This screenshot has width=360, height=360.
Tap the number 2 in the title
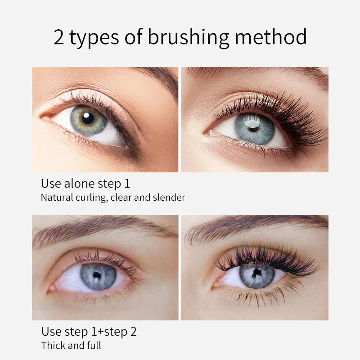(59, 37)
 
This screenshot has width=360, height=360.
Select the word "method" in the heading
(271, 37)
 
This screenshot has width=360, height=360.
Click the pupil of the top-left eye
(88, 118)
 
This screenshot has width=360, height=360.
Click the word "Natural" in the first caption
(56, 197)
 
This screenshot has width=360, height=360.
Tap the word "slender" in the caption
(170, 197)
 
